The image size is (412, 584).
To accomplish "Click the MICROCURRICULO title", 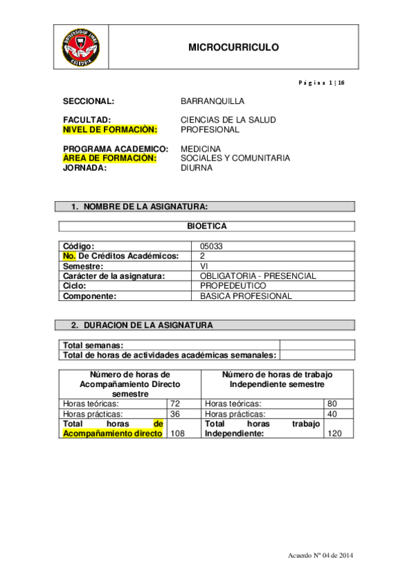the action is [x=233, y=48].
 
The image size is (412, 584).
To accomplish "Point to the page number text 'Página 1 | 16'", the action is [x=321, y=83].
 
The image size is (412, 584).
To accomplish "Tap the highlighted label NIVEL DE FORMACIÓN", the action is [x=110, y=129].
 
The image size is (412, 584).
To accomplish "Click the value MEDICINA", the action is [x=201, y=149].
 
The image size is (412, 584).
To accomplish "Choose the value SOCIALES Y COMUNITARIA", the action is [x=235, y=158].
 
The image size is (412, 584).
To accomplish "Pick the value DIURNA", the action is [x=197, y=167].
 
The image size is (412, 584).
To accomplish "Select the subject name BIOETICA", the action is [x=206, y=226].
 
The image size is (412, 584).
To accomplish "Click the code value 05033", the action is [x=211, y=246].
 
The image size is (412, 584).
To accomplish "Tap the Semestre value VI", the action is [x=204, y=266].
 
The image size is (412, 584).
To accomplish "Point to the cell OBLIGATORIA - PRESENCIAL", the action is [x=258, y=275].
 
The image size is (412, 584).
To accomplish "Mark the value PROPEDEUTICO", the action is [x=232, y=286].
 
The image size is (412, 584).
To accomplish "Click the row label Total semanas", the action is [x=94, y=345].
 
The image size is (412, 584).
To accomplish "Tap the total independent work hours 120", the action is [x=336, y=434].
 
